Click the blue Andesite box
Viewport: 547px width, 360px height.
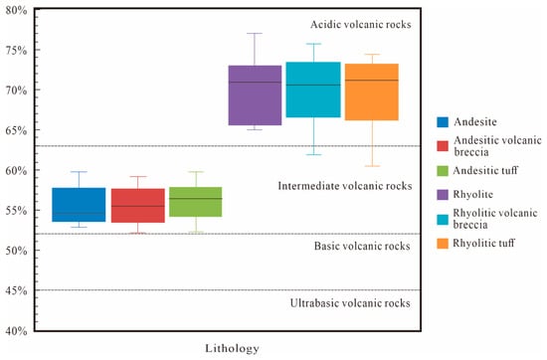[79, 205]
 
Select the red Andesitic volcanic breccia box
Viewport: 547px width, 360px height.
[138, 206]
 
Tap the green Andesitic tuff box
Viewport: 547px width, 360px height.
[196, 202]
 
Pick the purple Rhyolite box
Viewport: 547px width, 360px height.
[255, 95]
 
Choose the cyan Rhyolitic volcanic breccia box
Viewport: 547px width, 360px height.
[313, 90]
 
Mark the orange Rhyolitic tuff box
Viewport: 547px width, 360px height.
[372, 92]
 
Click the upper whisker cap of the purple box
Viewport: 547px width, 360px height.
[255, 34]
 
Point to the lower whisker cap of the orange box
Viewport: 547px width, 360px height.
[372, 166]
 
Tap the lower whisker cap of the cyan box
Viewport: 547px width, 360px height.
[313, 154]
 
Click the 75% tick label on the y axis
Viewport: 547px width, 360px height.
[16, 51]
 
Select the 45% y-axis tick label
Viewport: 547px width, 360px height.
[16, 290]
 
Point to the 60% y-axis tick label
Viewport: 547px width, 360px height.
[16, 171]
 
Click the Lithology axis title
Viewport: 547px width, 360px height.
[232, 348]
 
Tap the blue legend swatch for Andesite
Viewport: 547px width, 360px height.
[443, 122]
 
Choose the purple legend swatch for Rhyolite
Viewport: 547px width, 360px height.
[443, 195]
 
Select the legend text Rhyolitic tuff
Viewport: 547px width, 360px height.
[484, 243]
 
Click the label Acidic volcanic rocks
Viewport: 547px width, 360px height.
[361, 25]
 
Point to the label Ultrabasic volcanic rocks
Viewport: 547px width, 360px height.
[350, 303]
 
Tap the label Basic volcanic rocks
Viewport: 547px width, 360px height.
[362, 246]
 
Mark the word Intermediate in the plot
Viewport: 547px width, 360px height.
[307, 186]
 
